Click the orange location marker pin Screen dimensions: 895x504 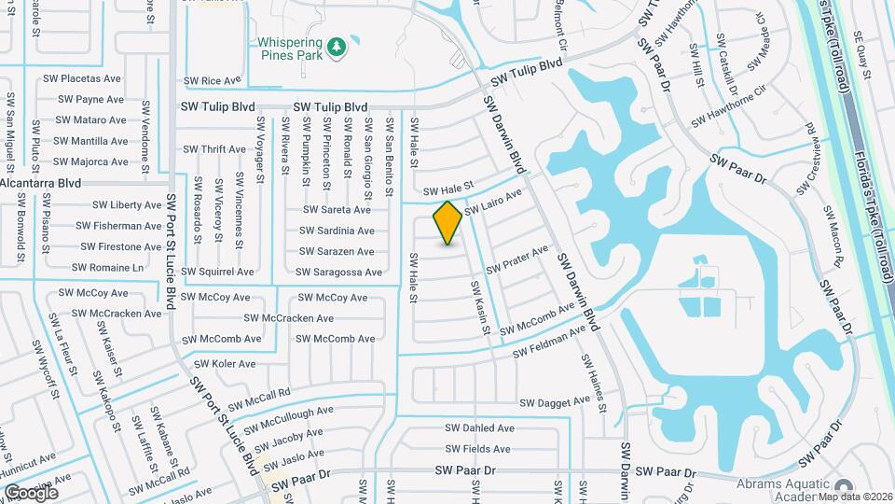click(x=447, y=223)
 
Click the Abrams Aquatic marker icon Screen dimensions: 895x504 click(x=845, y=488)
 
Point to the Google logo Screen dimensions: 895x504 click(x=31, y=492)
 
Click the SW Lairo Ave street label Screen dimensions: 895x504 click(x=493, y=201)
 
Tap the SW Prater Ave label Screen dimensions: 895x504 click(x=516, y=260)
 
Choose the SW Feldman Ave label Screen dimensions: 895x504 click(x=554, y=351)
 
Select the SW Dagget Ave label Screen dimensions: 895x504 click(x=556, y=401)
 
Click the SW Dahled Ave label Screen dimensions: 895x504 click(x=479, y=428)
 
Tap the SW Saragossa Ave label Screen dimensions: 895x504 click(x=338, y=273)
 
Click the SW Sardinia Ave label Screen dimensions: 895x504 click(x=337, y=231)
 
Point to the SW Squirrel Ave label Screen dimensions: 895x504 click(x=217, y=273)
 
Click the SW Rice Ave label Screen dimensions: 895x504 click(x=212, y=81)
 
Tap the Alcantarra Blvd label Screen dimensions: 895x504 click(x=40, y=183)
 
